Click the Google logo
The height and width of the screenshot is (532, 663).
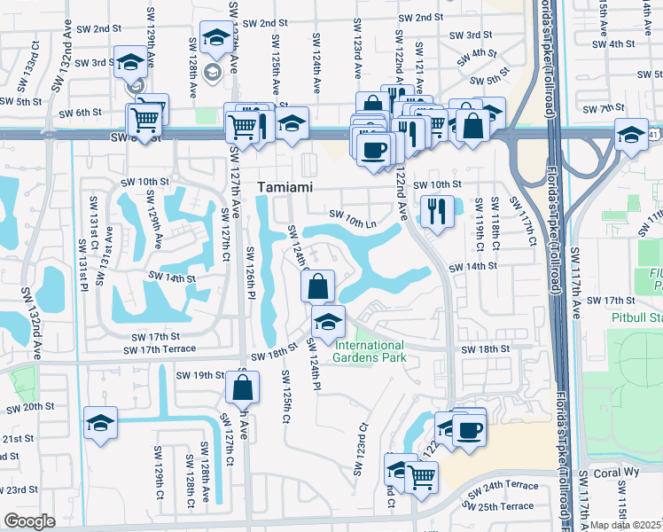[28, 521]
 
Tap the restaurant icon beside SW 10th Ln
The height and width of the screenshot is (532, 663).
[436, 210]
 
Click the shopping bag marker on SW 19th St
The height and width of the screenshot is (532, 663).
[242, 387]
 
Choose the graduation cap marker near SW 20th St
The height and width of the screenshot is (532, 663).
[100, 421]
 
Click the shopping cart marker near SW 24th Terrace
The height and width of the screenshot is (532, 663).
[423, 475]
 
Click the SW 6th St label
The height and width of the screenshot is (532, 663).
[82, 113]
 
